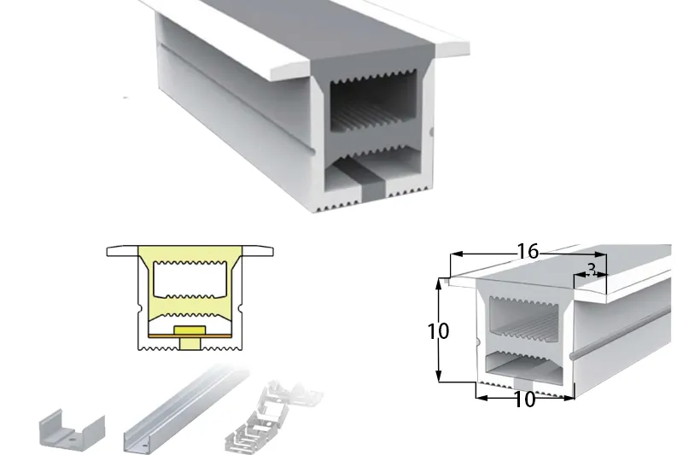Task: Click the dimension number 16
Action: (528, 251)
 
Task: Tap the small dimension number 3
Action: (591, 270)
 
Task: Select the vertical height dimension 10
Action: (438, 331)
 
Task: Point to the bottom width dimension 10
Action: (524, 400)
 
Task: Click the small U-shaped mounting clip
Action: (72, 431)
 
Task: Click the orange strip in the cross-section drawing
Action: (189, 336)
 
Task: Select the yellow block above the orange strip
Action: (190, 330)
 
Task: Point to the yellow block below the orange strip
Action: (190, 343)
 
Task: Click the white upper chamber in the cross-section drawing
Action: (190, 280)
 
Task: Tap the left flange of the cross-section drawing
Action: (122, 251)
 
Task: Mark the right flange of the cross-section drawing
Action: (258, 251)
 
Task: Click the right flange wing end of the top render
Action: (452, 50)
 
